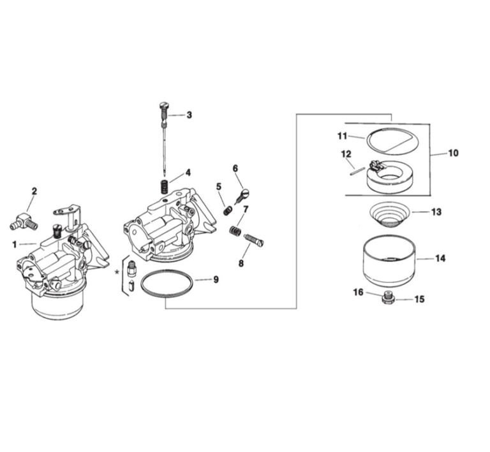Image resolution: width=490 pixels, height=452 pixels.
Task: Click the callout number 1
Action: pyautogui.click(x=14, y=244)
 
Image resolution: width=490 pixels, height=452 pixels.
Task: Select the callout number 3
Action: pyautogui.click(x=189, y=115)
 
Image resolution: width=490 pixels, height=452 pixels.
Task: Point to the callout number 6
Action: pyautogui.click(x=235, y=168)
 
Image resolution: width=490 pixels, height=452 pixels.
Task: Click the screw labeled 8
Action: pyautogui.click(x=254, y=241)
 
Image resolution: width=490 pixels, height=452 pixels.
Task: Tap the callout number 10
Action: pyautogui.click(x=453, y=153)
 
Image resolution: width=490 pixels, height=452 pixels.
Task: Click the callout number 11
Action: pyautogui.click(x=341, y=136)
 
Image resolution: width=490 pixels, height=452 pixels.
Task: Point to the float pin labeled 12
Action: pyautogui.click(x=356, y=168)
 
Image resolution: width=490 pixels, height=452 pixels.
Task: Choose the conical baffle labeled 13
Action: pyautogui.click(x=390, y=213)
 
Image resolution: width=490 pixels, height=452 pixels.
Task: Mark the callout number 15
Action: pyautogui.click(x=419, y=298)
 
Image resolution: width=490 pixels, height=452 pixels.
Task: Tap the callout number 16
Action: pyautogui.click(x=358, y=292)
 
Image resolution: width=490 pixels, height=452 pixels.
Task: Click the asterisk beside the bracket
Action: pyautogui.click(x=117, y=272)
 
